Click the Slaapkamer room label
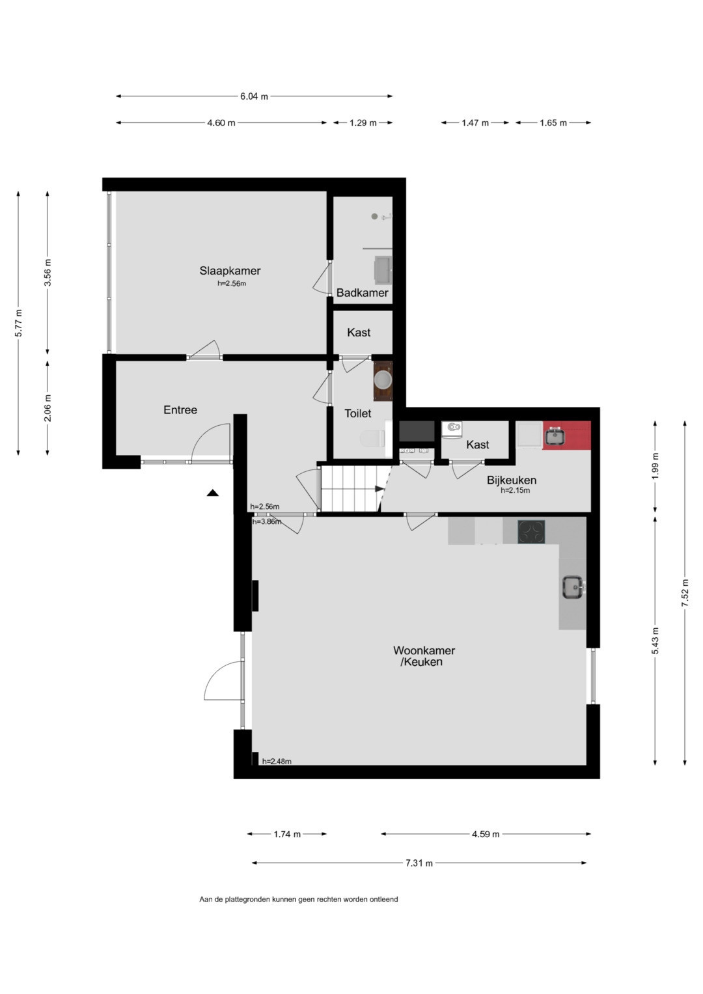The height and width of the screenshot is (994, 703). (x=230, y=270)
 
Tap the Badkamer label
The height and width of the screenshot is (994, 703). (x=362, y=292)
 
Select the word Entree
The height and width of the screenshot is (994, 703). (x=180, y=409)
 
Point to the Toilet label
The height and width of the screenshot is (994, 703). (x=358, y=413)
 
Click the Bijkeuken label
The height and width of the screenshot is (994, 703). (x=512, y=480)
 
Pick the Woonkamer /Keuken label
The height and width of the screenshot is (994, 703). (x=424, y=656)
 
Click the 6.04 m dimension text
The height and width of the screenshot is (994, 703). (x=255, y=96)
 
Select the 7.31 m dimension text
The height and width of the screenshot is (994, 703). (x=419, y=863)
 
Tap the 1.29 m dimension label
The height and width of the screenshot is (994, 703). (x=363, y=123)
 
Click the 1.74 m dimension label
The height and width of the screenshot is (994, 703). (x=287, y=835)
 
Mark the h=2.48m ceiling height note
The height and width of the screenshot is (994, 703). (x=277, y=762)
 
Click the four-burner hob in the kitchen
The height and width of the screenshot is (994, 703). (x=531, y=532)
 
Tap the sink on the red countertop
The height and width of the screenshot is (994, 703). (x=555, y=435)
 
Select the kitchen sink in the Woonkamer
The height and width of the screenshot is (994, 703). (x=573, y=587)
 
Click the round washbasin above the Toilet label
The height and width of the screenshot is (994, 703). (x=383, y=380)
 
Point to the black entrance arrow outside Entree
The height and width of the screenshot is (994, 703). (x=213, y=493)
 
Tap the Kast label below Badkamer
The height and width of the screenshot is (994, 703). (x=359, y=333)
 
